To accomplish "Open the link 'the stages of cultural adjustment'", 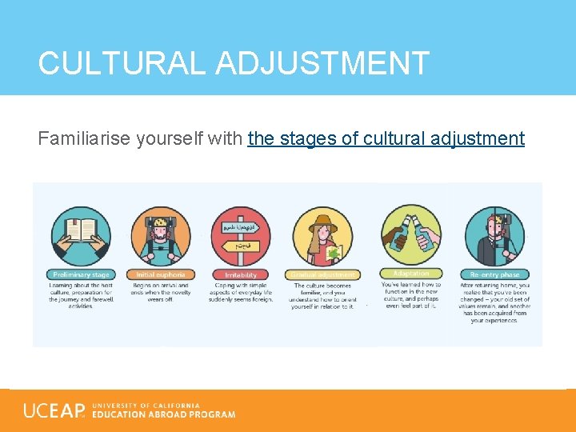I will [386, 138].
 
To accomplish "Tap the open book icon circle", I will [81, 235].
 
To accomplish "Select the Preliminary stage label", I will [81, 275].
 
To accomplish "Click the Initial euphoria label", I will [160, 275].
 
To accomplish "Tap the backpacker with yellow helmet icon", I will [160, 235].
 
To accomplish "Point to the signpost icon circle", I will [241, 235].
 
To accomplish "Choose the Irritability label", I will [241, 275].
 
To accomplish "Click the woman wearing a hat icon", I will [323, 235].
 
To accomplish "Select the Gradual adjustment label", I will [323, 275].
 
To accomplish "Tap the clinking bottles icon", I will [410, 235].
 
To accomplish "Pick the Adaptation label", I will [410, 274].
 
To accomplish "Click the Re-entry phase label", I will [495, 275].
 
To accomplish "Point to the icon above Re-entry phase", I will [495, 235].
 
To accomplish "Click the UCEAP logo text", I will [54, 411].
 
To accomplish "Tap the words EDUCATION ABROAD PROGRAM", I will [164, 414].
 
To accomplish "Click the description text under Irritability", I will [241, 293].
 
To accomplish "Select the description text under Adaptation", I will [410, 294].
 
